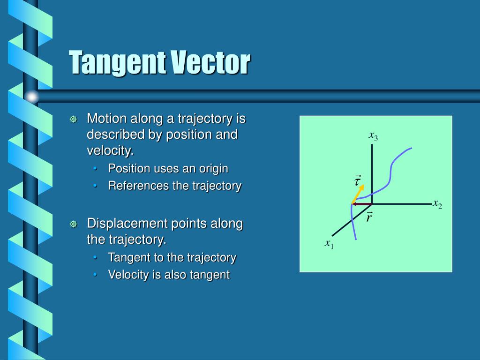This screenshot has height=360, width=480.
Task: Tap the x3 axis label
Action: coord(373,136)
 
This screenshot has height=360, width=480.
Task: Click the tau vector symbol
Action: coord(358,180)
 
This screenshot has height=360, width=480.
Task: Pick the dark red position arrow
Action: coord(362,204)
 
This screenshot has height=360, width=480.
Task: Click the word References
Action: coord(138,186)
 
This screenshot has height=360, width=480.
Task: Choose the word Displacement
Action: coord(121,223)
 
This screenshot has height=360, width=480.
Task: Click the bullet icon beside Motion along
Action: coord(73,120)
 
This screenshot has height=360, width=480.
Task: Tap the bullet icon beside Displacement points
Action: coord(73,224)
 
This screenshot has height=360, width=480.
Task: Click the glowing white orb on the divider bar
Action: coord(31,97)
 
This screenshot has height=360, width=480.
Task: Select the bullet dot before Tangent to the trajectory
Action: coord(96,258)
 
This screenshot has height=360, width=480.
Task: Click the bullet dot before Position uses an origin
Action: coord(96,169)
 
